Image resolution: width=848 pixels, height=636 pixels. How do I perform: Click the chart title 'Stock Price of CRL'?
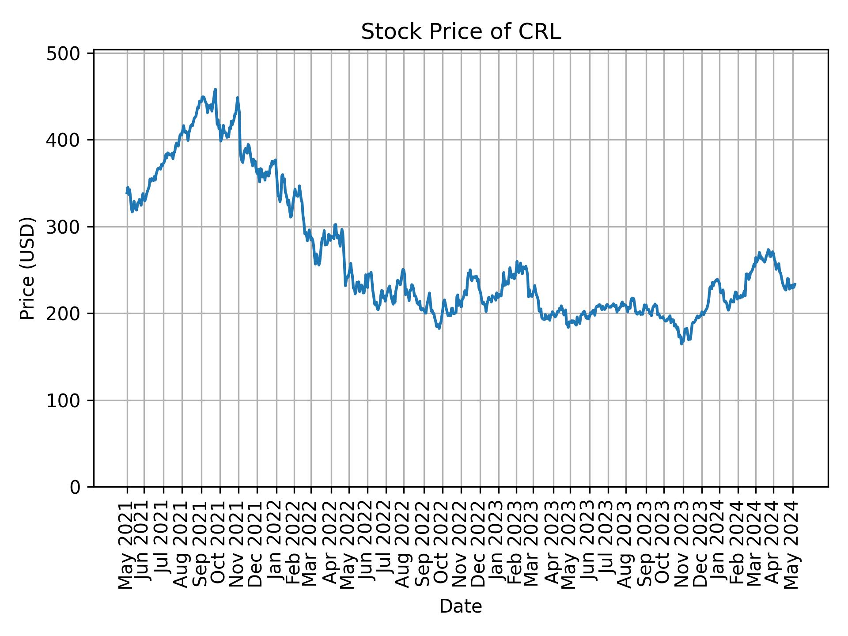pyautogui.click(x=461, y=32)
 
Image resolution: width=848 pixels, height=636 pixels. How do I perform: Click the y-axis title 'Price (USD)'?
pyautogui.click(x=27, y=268)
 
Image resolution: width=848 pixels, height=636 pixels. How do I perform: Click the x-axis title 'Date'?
pyautogui.click(x=461, y=606)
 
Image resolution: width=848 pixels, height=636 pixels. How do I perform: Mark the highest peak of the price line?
pyautogui.click(x=215, y=89)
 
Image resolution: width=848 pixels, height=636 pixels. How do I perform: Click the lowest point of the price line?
pyautogui.click(x=682, y=344)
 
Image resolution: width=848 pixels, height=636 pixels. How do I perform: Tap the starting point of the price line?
pyautogui.click(x=127, y=193)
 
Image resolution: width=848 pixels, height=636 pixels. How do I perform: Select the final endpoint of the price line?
pyautogui.click(x=795, y=284)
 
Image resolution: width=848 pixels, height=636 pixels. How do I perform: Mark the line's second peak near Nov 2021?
pyautogui.click(x=238, y=98)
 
